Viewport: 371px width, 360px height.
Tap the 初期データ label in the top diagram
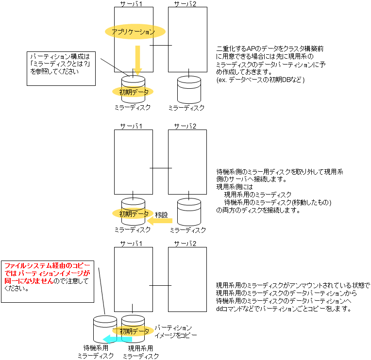tap(134, 91)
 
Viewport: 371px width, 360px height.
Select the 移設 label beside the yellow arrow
tap(161, 214)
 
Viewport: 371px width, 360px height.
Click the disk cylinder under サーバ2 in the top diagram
tap(188, 88)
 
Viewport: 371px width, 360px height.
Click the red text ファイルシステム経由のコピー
tap(47, 266)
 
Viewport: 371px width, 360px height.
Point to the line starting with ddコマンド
tap(283, 309)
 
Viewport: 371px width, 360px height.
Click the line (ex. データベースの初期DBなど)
tap(260, 80)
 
